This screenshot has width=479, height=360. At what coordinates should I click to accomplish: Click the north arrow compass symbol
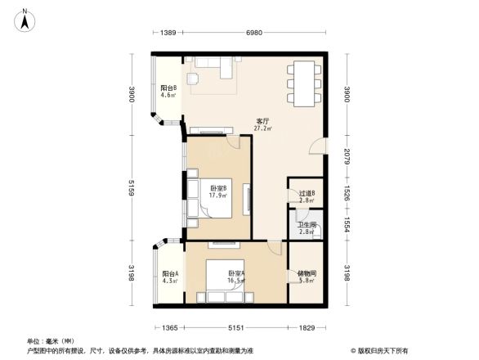(x=25, y=17)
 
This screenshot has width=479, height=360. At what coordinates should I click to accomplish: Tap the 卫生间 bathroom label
(x=306, y=228)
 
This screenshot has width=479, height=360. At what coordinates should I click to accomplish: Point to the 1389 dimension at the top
(x=168, y=32)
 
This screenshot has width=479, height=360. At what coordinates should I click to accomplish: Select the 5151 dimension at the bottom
(x=236, y=328)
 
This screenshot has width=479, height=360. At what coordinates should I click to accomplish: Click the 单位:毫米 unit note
(x=47, y=341)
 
